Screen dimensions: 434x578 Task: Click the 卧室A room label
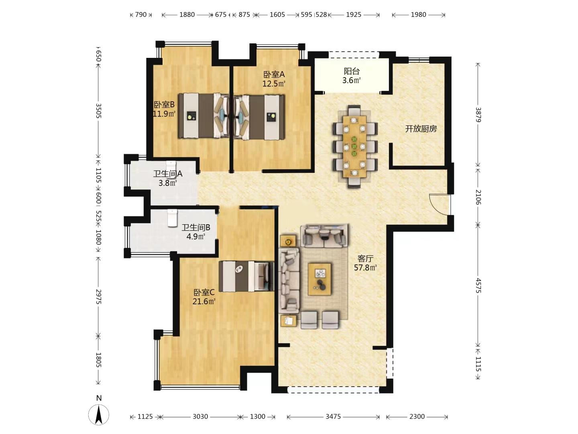pos(274,79)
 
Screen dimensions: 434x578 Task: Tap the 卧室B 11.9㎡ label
pos(164,109)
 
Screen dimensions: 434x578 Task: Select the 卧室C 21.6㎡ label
pos(204,297)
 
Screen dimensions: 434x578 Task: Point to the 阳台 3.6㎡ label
pos(351,76)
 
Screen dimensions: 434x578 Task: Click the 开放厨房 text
pos(421,129)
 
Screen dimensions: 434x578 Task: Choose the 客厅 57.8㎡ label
pos(365,263)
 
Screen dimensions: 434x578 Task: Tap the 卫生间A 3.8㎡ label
pos(167,178)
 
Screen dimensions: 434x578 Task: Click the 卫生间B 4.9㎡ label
pos(195,232)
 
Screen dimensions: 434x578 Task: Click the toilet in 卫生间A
pos(171,166)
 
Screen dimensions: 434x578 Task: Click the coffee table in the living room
pos(320,279)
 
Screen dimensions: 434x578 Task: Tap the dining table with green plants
pos(354,146)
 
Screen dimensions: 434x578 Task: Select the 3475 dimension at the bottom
pos(333,417)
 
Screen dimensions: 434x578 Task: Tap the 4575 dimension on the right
pos(478,285)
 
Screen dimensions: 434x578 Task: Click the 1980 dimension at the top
pos(418,14)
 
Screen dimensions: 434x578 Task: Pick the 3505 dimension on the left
pos(98,111)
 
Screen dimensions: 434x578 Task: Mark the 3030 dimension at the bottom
pos(200,417)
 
